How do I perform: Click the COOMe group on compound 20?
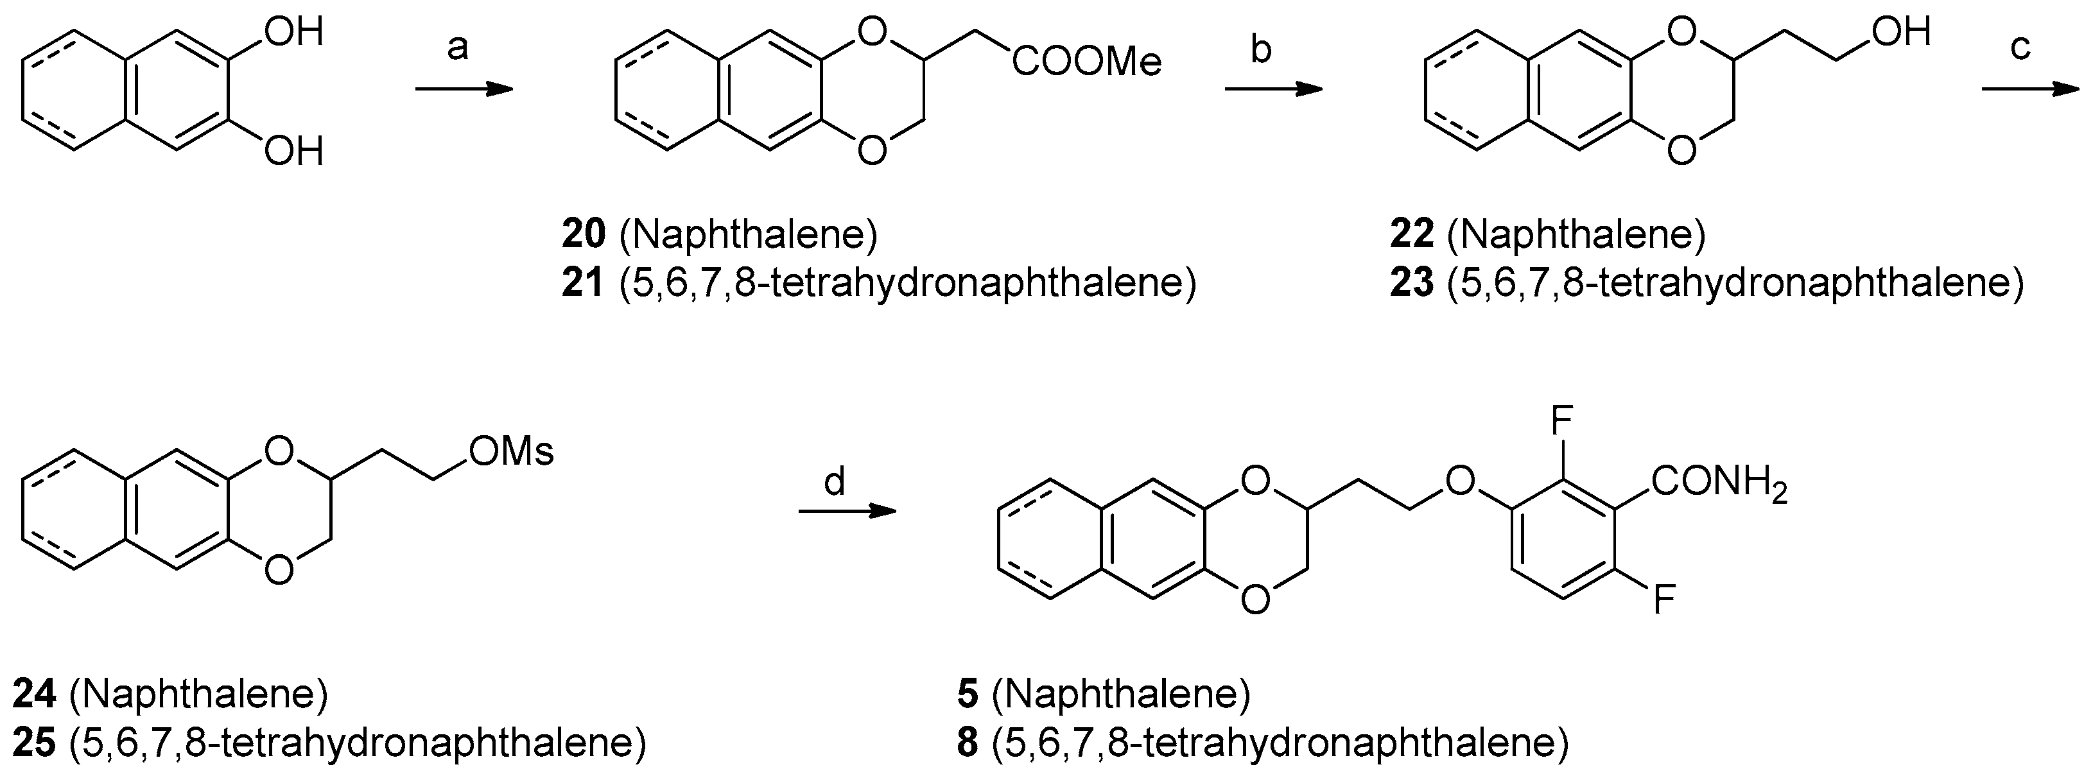(1086, 62)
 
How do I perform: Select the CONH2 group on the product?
(1719, 485)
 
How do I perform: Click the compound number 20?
(584, 235)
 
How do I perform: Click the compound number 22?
(1411, 235)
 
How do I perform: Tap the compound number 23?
(1411, 284)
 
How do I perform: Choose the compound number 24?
(34, 694)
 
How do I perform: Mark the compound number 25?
(34, 743)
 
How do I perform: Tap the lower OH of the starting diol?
(294, 151)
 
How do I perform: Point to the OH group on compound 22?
(1900, 33)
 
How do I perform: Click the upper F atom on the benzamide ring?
(1563, 421)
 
